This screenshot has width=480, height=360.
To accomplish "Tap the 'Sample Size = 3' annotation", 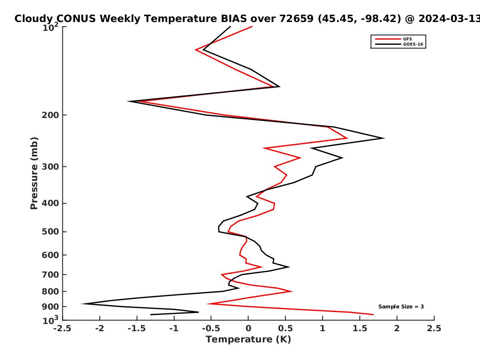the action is [401, 307].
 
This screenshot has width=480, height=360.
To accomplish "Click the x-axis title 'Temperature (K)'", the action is [248, 340].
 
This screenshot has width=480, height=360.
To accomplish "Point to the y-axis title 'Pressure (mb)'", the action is [34, 173].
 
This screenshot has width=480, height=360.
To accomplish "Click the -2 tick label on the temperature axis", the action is [100, 328].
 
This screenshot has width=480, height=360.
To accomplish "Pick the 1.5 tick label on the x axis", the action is [360, 328].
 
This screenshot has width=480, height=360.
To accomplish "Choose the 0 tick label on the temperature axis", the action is [248, 328].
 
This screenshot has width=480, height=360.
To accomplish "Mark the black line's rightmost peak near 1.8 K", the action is [384, 138].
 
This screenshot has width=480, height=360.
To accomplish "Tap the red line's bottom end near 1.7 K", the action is [373, 314].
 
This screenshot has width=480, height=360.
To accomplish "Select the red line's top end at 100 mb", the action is [252, 27].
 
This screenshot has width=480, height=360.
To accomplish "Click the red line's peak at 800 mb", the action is [292, 291].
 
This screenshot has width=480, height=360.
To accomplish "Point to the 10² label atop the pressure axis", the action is [50, 27].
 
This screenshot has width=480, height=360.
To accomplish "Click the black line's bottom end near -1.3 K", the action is [151, 314].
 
